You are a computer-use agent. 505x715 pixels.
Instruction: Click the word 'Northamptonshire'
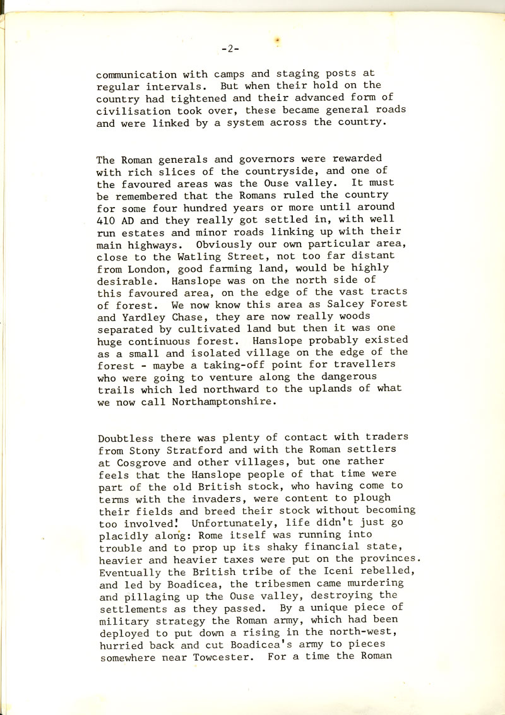click(224, 401)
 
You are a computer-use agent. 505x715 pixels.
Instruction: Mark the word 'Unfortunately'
click(232, 523)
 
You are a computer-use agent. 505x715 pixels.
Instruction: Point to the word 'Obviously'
click(223, 243)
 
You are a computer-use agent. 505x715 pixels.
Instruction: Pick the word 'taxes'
click(235, 559)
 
